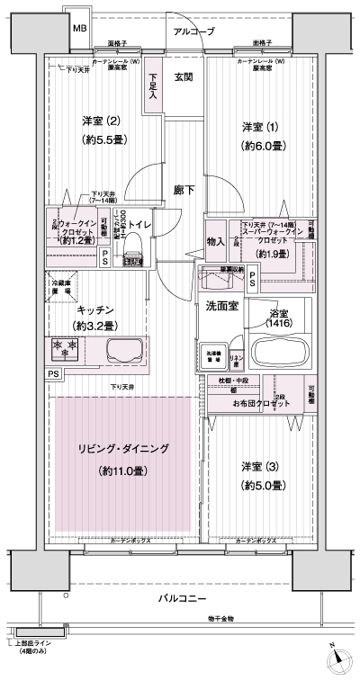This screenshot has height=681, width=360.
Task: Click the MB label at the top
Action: click(80, 29)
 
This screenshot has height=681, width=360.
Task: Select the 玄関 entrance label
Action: click(184, 76)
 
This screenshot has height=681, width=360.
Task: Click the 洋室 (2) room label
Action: click(101, 121)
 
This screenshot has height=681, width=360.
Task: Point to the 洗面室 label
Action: click(220, 306)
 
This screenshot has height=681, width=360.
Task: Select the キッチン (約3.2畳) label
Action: click(94, 318)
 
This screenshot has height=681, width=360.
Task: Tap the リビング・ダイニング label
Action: click(122, 448)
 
